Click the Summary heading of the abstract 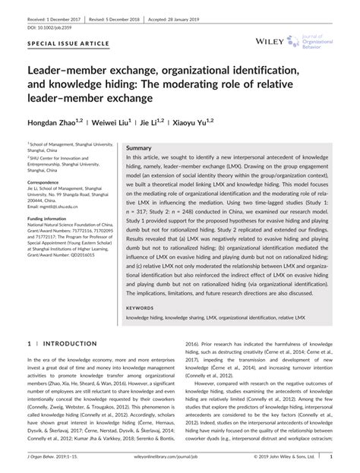(x=139, y=147)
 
